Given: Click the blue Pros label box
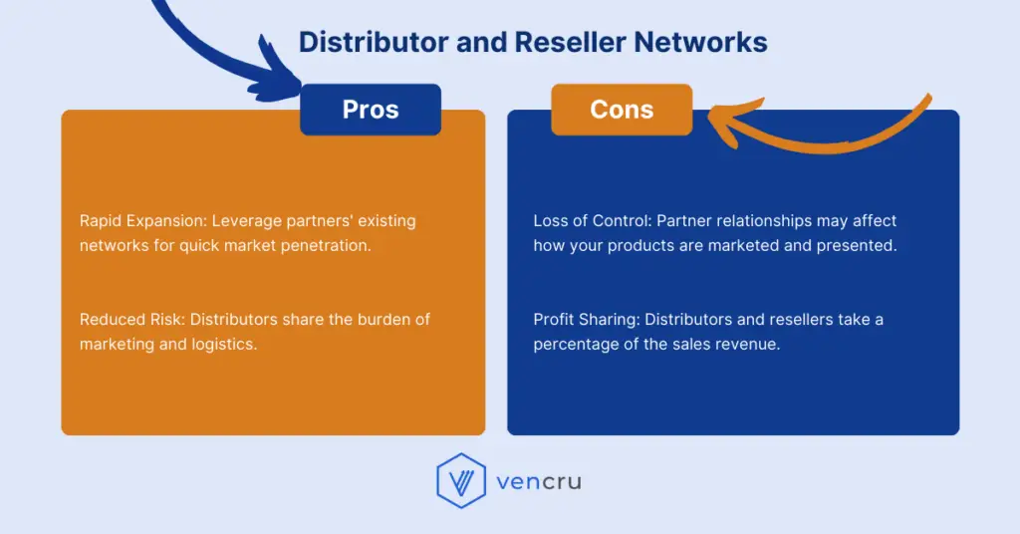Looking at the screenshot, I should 371,110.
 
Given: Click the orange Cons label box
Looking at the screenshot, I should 622,110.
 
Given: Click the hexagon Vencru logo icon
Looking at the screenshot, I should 461,482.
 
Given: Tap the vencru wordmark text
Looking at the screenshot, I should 539,482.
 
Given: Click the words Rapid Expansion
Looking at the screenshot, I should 140,220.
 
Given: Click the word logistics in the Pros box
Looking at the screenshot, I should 224,345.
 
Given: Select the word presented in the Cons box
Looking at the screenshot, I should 858,245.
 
